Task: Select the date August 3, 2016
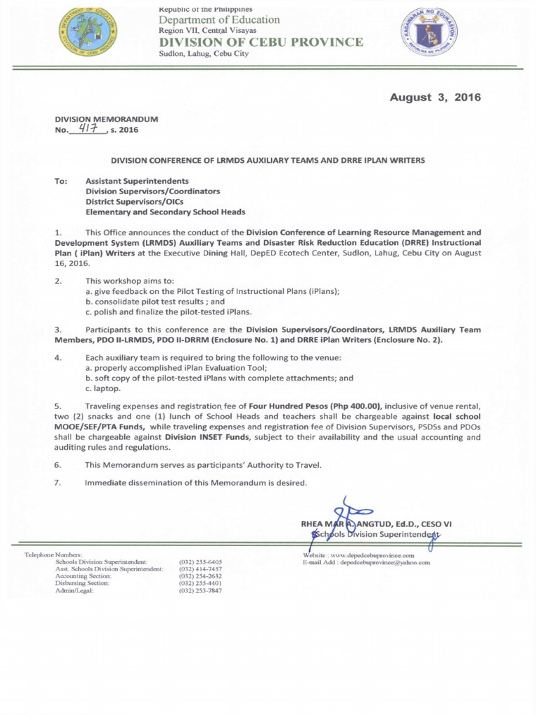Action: point(435,97)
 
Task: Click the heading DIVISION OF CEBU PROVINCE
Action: point(261,42)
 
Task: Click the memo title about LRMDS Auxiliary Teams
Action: point(268,161)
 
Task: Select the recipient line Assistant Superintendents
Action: point(137,181)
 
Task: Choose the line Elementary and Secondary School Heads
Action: point(165,212)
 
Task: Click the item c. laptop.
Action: point(102,388)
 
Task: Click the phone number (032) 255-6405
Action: point(200,561)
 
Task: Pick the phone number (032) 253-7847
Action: point(200,591)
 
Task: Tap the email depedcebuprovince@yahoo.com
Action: point(385,562)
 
